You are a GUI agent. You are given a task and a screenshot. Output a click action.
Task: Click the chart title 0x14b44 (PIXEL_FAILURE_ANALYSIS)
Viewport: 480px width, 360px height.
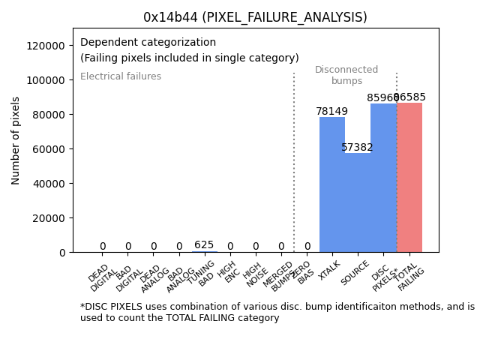[x=255, y=17]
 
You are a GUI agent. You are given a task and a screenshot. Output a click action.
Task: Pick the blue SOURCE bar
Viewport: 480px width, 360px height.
[x=358, y=202]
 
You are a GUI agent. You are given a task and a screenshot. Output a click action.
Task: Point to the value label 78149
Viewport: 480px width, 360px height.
[x=331, y=112]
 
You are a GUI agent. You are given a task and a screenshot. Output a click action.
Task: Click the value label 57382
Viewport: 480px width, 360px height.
[x=357, y=148]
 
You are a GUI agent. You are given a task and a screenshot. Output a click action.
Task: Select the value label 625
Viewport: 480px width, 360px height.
[x=204, y=245]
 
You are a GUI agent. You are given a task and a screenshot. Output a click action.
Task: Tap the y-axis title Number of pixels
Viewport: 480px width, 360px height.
[x=16, y=140]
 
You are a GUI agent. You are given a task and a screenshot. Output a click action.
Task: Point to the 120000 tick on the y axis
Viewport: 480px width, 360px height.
[x=46, y=46]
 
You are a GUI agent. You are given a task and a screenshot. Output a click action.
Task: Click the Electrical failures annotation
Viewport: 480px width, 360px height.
[x=121, y=76]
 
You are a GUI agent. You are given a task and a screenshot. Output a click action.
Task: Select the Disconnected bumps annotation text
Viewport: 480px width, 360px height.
[x=346, y=76]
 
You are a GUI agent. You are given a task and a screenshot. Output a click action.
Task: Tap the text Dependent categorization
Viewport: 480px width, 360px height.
[x=148, y=43]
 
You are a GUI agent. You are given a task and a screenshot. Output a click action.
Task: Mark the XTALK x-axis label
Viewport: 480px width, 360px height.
[x=328, y=271]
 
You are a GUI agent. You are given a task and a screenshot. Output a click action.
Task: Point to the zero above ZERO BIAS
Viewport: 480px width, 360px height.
[x=307, y=247]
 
